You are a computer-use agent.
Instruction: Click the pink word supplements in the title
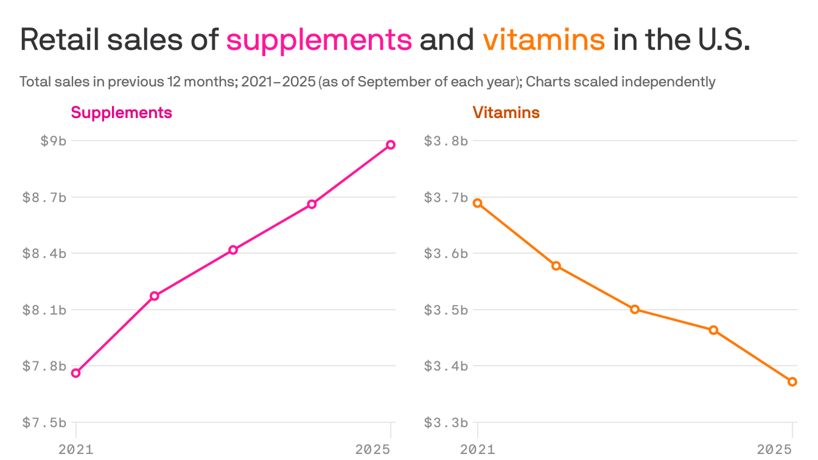coord(319,40)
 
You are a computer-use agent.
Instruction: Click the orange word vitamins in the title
coord(544,40)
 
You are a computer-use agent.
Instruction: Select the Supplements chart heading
coord(122,113)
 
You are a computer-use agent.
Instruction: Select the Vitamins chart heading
coord(506,113)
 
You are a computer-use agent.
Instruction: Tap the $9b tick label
coord(53,141)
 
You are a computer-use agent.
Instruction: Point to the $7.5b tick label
coord(44,423)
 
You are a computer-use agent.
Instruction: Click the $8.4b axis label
coord(44,253)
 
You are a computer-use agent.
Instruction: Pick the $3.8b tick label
coord(446,141)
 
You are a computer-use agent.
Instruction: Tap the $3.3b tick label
coord(446,423)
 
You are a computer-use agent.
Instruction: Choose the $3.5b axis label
coord(446,310)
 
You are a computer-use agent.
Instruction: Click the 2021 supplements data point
coord(76,373)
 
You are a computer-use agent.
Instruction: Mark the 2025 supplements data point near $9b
coord(390,144)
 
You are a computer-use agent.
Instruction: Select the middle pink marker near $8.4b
coord(233,250)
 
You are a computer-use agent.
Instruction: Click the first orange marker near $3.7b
coord(478,203)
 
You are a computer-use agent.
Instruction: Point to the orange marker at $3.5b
coord(635,309)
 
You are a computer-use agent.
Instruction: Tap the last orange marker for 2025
coord(792,382)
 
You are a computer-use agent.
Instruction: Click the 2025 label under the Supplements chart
coord(373,449)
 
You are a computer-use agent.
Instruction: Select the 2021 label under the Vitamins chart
coord(478,449)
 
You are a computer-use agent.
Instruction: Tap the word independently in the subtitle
coord(668,81)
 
